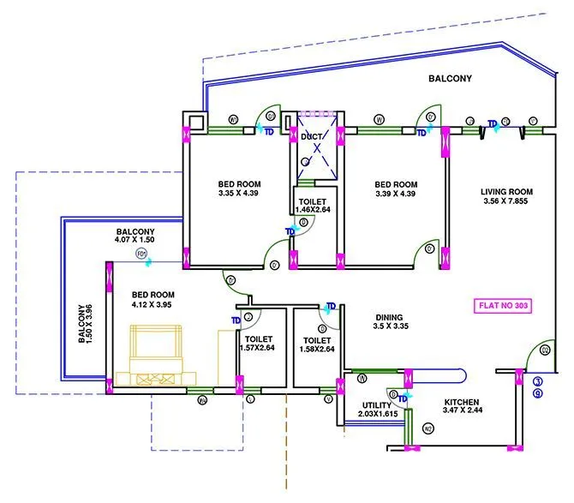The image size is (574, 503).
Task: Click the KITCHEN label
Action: click(461, 403)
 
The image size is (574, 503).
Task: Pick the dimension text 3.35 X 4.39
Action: click(239, 195)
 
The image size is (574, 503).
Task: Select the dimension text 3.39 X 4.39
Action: click(396, 195)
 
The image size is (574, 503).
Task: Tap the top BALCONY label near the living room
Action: click(450, 79)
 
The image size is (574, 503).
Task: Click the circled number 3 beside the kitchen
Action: click(537, 381)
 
